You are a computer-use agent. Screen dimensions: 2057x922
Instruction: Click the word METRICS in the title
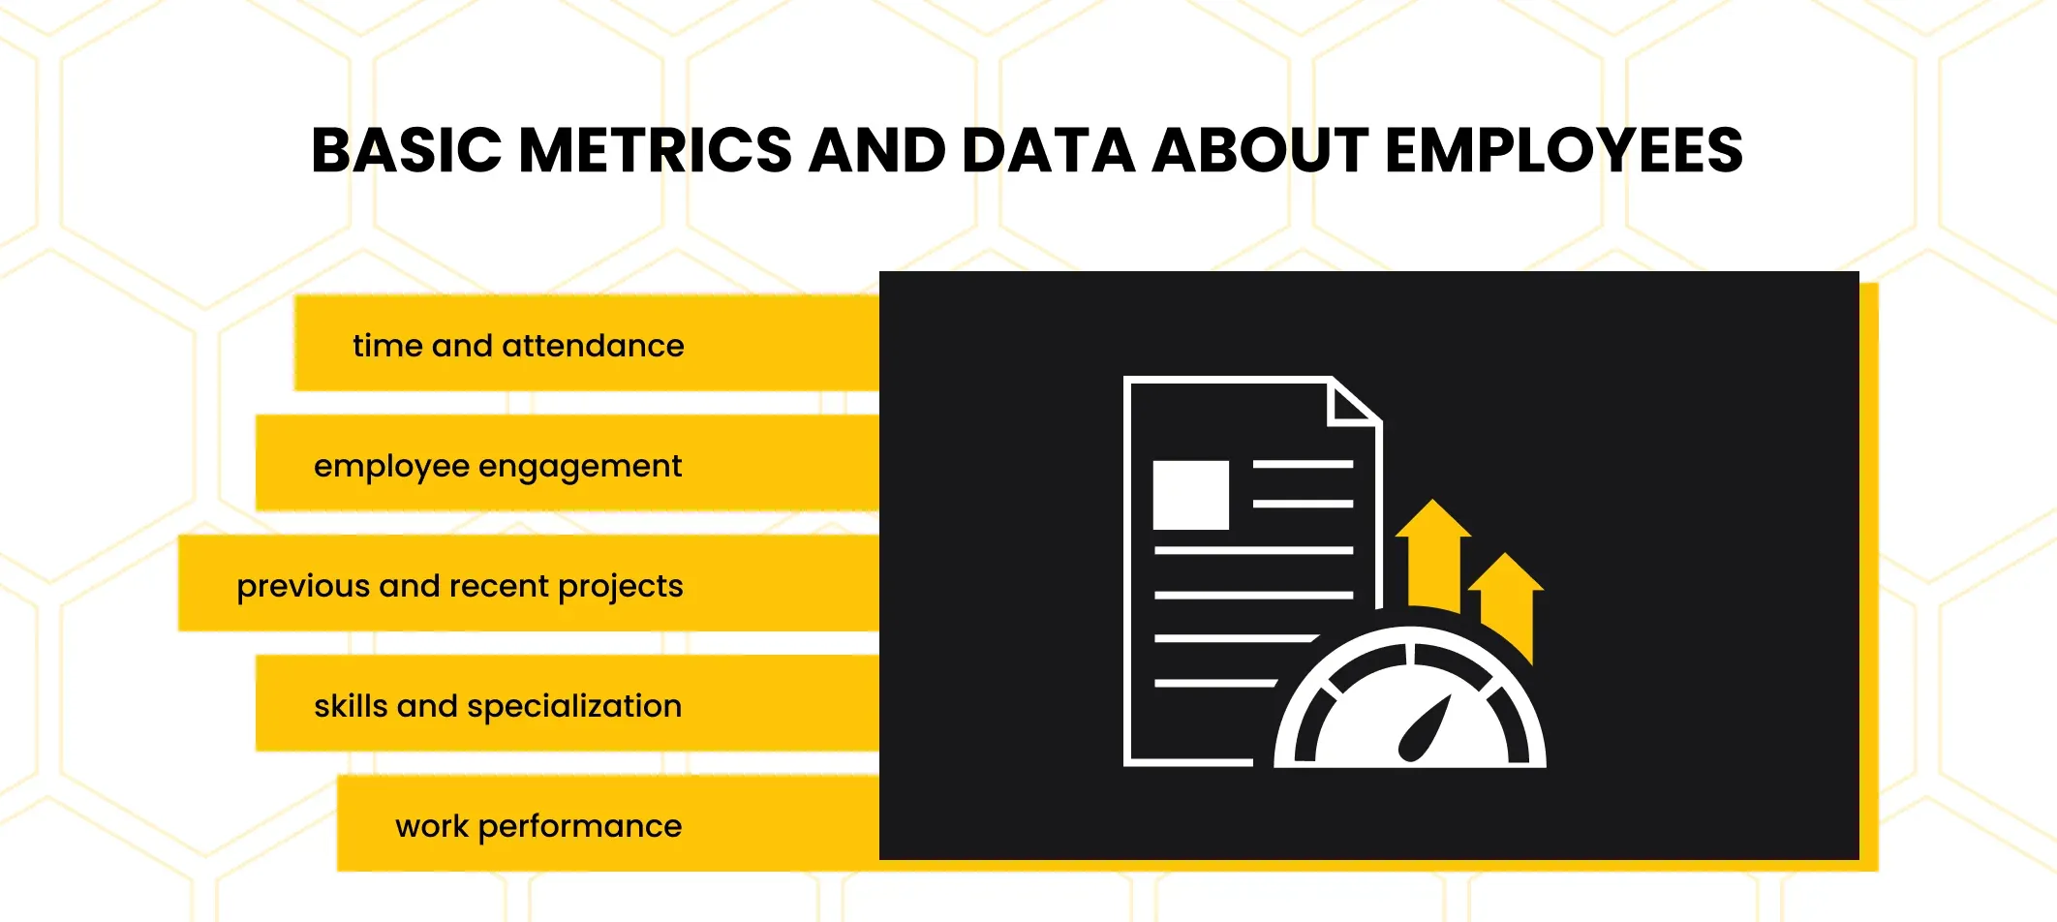(x=656, y=151)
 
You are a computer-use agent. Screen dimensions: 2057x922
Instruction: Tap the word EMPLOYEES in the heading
(x=1564, y=151)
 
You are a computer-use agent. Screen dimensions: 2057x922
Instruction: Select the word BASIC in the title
(x=407, y=151)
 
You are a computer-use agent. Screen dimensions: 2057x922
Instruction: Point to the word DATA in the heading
(x=1048, y=151)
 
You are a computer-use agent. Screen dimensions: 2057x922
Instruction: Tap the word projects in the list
(x=621, y=588)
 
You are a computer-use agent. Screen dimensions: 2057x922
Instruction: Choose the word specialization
(x=574, y=707)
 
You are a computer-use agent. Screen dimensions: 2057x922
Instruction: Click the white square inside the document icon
(x=1190, y=495)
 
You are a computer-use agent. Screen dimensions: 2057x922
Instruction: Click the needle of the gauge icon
(x=1425, y=728)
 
